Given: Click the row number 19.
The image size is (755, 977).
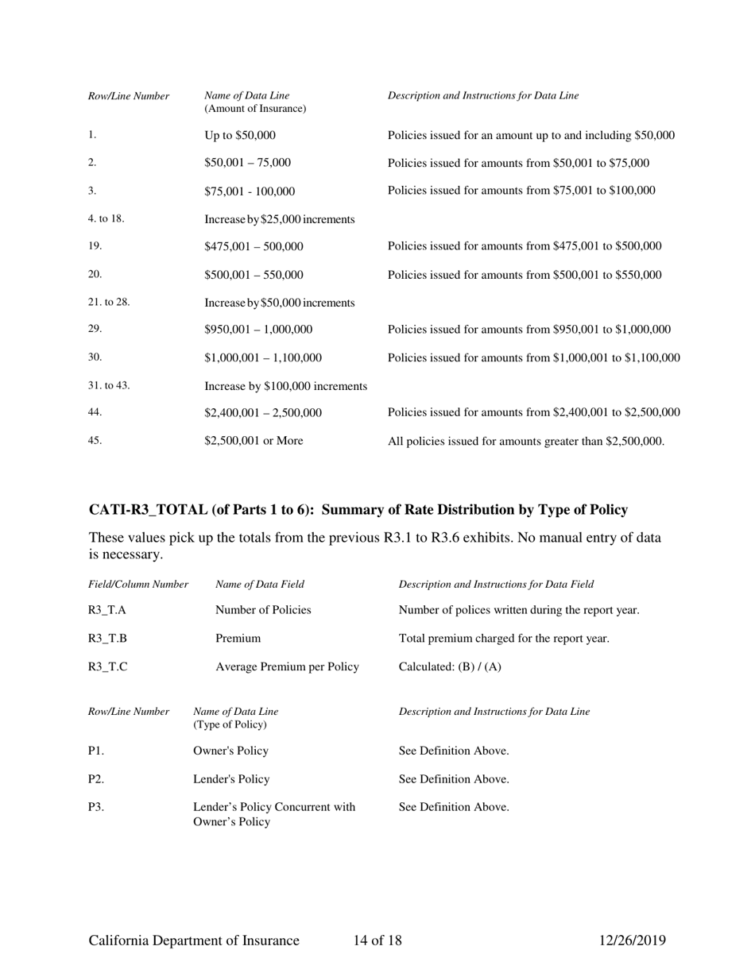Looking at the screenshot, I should tap(95, 246).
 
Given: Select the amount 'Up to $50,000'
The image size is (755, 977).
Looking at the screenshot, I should tap(240, 135).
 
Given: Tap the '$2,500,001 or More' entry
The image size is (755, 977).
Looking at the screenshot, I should tap(254, 441).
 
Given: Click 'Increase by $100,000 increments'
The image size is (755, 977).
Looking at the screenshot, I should tap(286, 386).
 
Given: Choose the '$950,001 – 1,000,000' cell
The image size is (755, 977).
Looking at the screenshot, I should tap(259, 330).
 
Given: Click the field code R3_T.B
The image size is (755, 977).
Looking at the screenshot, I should tap(107, 638).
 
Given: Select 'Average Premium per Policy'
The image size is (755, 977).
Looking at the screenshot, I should tap(287, 666).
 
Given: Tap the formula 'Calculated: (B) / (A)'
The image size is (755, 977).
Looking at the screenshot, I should tap(450, 666).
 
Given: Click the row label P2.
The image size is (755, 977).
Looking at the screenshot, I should tap(96, 778).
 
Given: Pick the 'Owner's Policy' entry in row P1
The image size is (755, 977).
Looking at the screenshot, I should tap(230, 751).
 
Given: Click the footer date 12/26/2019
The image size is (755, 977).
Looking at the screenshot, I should tap(632, 941).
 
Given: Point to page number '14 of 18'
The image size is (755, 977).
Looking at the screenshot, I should tap(377, 941).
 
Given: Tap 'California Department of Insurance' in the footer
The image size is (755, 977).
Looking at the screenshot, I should tap(194, 941).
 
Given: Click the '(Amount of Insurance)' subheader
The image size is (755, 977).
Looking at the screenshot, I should tap(256, 109).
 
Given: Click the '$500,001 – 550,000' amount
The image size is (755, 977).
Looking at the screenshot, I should tap(254, 275).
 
